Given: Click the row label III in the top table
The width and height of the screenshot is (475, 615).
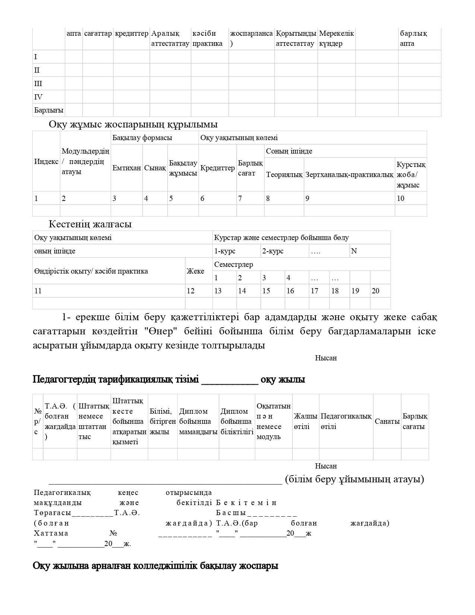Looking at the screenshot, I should tap(38, 83).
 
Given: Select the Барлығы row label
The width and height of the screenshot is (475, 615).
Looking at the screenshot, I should tap(48, 110).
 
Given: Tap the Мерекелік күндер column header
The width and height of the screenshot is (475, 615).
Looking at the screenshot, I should tap(336, 38).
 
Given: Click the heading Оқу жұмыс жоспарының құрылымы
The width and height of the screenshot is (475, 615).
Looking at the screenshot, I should tap(133, 124).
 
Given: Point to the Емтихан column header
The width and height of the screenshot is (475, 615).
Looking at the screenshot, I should tap(127, 168).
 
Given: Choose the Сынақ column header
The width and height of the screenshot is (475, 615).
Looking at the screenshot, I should tap(155, 168).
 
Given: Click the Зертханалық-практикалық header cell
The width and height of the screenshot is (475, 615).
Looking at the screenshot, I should tap(349, 174).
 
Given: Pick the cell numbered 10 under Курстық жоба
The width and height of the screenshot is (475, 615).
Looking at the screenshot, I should tap(400, 198).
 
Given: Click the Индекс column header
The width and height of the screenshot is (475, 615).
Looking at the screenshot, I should tap(46, 161).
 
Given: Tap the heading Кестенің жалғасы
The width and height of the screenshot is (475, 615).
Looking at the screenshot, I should tap(90, 224).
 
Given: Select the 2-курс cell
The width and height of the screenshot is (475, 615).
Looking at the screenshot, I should tap(273, 251).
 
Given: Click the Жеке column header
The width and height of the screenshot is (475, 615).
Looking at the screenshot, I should tap(195, 271).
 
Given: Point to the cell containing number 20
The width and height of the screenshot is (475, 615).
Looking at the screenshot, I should tap(376, 291).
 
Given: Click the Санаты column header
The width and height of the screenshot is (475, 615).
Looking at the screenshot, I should tap(387, 421).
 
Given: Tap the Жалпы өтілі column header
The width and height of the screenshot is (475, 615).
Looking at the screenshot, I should tap(305, 421).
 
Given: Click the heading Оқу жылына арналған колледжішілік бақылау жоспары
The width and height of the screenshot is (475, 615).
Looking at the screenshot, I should tap(155, 566).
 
